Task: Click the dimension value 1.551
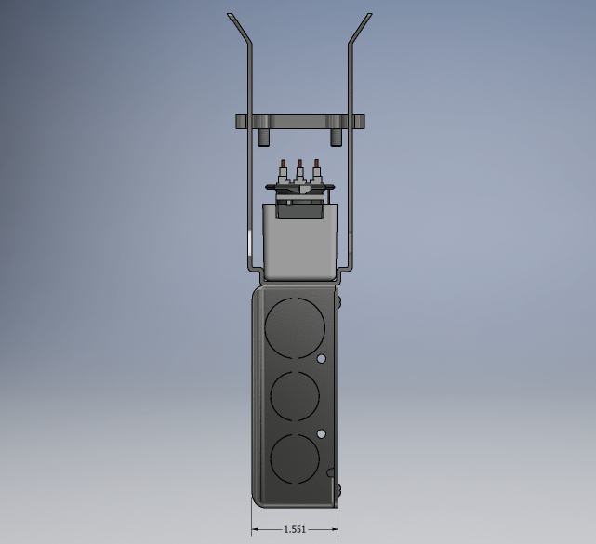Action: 295,529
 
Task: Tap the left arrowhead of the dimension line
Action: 255,529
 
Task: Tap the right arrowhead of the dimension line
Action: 335,529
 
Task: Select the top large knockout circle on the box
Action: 295,327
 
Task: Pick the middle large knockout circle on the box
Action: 295,396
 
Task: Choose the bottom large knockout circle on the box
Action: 295,459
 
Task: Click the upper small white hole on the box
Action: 321,359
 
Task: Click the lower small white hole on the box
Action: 321,433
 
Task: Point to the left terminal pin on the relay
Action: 283,170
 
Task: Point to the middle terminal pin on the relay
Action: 299,170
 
